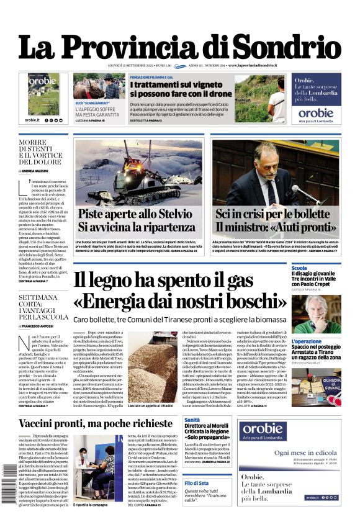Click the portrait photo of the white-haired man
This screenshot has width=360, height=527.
coord(317,314)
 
